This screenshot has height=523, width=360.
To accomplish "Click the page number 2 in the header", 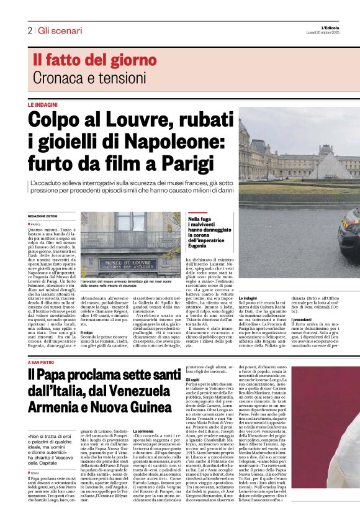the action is click(x=29, y=30).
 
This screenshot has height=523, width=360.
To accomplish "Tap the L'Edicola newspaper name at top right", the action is click(x=342, y=27).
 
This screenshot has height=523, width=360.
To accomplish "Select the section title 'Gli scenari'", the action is click(x=60, y=30).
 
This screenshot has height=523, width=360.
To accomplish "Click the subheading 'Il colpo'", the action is click(x=88, y=332).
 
